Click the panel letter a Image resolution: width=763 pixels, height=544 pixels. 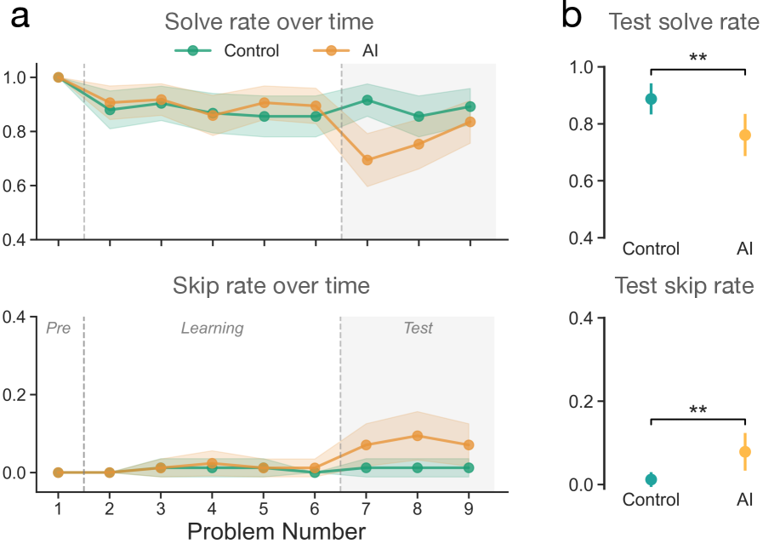[20, 19]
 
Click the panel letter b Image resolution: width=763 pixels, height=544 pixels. [572, 17]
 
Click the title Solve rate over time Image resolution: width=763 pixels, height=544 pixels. [269, 21]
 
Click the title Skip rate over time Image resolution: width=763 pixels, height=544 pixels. [271, 285]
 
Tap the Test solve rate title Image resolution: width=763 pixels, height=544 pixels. [684, 22]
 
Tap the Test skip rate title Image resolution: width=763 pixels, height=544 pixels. [684, 285]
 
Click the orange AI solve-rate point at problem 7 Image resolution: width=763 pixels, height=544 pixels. [367, 160]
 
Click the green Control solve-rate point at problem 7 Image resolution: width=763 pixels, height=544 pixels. [367, 100]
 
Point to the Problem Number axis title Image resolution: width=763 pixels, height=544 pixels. [276, 531]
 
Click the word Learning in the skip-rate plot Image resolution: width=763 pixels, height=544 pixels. [212, 328]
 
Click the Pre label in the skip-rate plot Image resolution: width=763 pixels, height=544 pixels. [58, 328]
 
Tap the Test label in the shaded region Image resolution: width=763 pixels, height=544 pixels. [418, 328]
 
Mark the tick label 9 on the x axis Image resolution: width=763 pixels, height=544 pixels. [470, 508]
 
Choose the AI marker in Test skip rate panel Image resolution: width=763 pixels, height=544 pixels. [745, 451]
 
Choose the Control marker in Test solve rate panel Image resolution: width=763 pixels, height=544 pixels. [651, 99]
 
